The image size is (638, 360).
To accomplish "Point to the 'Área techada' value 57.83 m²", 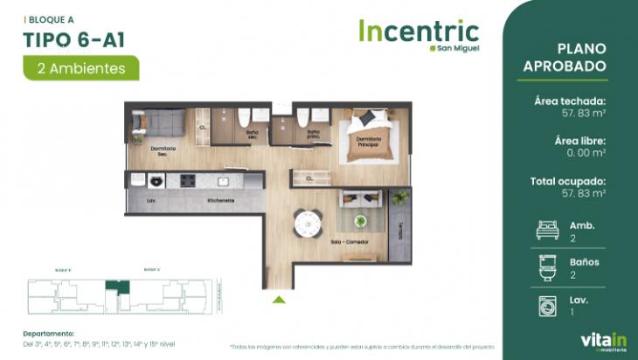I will [583, 113].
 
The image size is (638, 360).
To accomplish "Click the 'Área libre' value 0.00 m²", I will [586, 153].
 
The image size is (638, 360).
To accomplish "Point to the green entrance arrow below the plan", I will [279, 300].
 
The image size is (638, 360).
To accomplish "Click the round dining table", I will [307, 224].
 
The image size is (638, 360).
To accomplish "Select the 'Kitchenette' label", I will [220, 200].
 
